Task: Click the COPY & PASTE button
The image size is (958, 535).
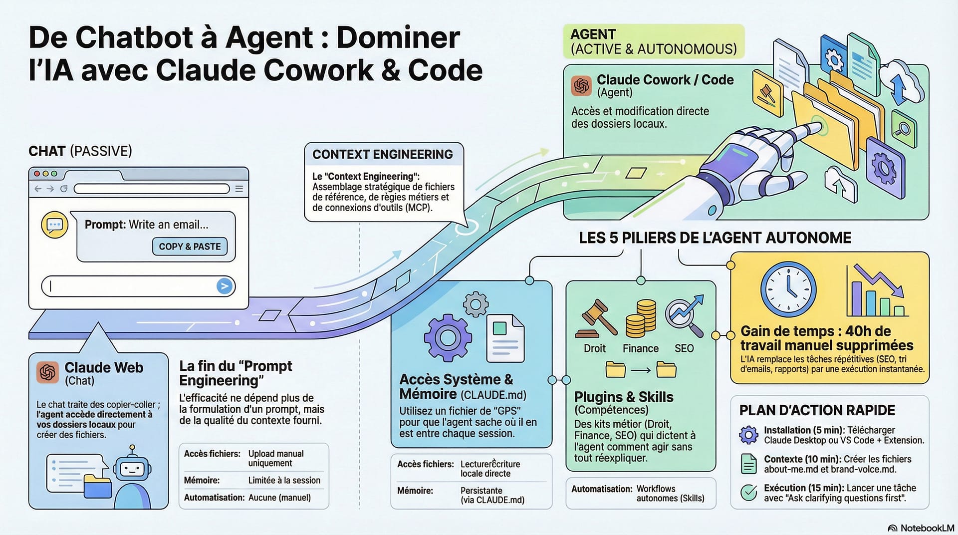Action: coord(190,247)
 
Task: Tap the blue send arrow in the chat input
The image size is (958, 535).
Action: coord(225,286)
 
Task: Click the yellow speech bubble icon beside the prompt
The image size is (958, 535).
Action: coord(54,225)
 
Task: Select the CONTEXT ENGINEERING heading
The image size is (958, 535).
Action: coord(383,155)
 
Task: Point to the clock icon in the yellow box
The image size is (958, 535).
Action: coord(788,290)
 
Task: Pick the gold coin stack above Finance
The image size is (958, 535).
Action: coord(641,319)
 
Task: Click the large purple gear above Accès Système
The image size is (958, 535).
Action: coord(448,338)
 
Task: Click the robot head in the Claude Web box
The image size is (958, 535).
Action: coord(132,469)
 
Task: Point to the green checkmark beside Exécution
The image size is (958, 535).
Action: coord(748,493)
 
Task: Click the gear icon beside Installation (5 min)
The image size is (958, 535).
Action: coord(748,435)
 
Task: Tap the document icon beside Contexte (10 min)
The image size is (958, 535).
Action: coord(748,464)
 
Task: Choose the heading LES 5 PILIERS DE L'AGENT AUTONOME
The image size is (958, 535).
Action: coord(715,238)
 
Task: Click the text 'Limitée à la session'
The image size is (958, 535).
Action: coord(284,481)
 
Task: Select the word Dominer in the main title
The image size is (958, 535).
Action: coord(398,37)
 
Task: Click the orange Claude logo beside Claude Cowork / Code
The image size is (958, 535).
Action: coord(581,86)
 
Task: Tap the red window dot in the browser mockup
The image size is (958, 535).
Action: coord(36,174)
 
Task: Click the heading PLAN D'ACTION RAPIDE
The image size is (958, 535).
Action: coord(817,411)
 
